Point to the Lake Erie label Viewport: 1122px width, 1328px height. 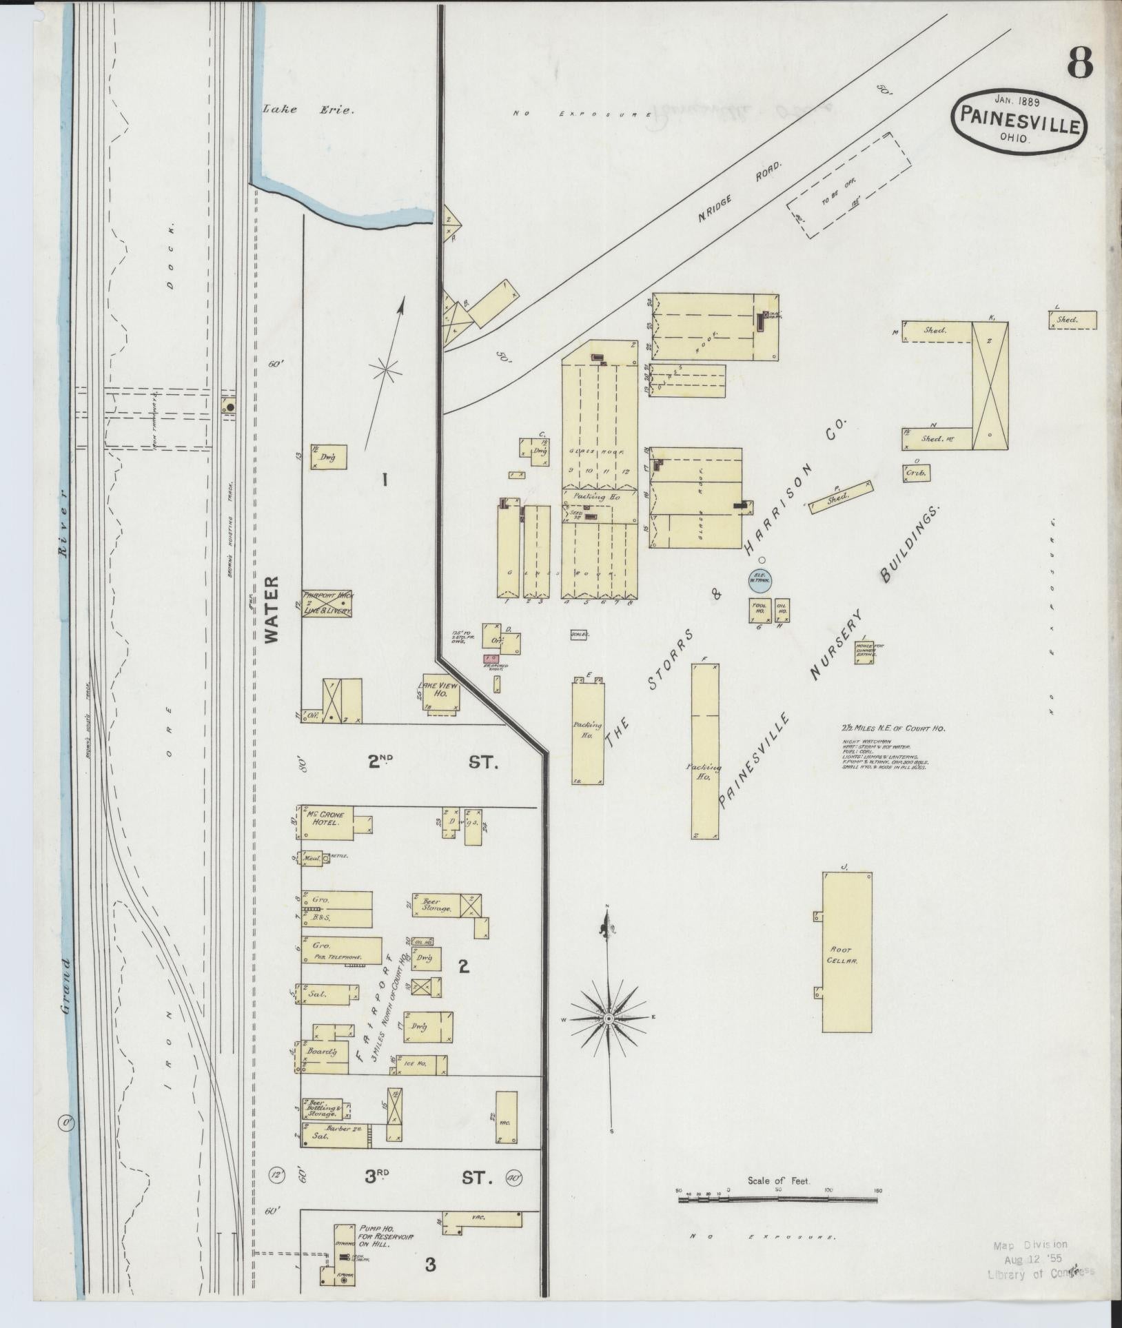pos(308,109)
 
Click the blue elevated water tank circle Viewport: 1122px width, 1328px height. pos(761,581)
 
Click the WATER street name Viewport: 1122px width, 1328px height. pos(272,609)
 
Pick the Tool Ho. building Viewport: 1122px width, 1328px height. pos(759,610)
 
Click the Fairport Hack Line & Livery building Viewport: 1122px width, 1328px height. pos(327,603)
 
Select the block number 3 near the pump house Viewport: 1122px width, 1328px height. pos(430,1265)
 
